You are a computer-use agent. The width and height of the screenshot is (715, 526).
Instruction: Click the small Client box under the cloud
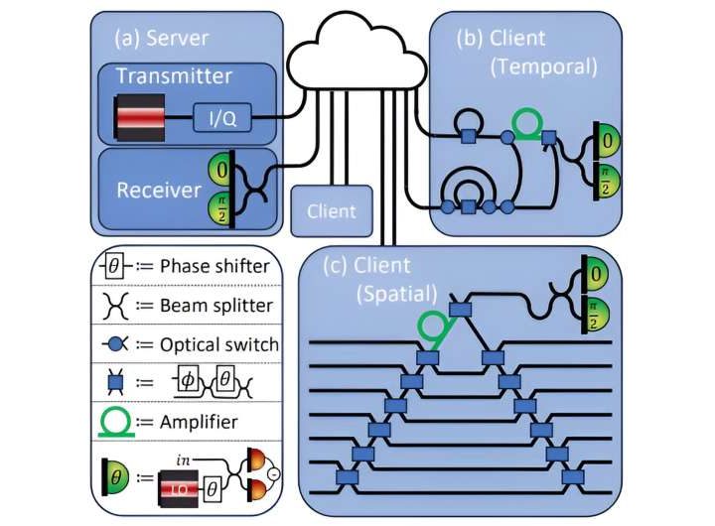pyautogui.click(x=332, y=211)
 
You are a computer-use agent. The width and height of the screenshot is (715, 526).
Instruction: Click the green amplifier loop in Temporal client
pyautogui.click(x=528, y=123)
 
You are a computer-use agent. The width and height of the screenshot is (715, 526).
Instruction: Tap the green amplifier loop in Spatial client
pyautogui.click(x=431, y=328)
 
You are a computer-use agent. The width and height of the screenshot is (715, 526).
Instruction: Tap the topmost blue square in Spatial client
pyautogui.click(x=460, y=312)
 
